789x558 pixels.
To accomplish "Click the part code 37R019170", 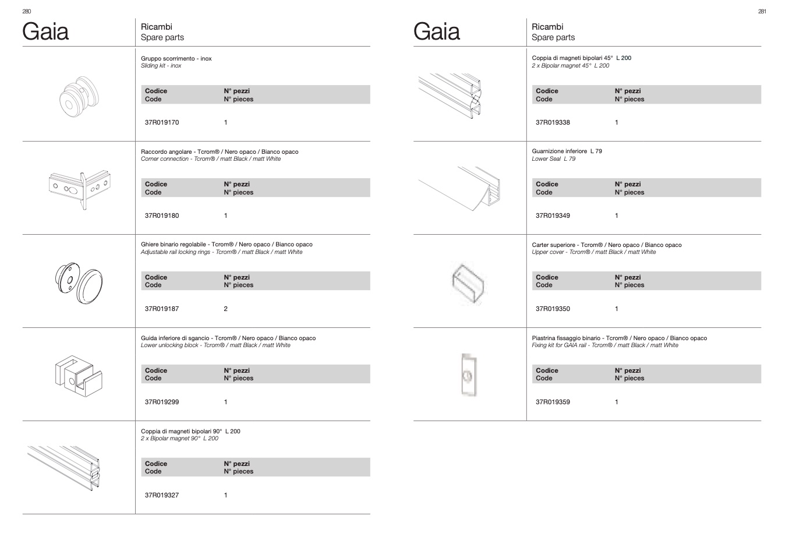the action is coord(162,122).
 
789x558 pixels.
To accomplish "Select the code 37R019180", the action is coord(162,216).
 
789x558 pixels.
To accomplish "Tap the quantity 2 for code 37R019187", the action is coord(226,309).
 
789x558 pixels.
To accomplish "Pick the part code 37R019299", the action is coord(162,402).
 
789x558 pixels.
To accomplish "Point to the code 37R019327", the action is coord(162,495).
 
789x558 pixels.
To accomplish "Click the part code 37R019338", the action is coord(553,122).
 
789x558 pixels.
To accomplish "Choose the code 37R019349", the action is coord(553,216).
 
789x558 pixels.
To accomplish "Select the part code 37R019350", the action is coord(553,309).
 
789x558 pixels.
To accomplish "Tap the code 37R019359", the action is coord(553,402).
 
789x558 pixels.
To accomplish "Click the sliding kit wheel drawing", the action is coord(79,97).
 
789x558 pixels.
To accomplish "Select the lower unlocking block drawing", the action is coord(79,376).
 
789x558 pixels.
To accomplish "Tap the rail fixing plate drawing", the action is coord(469,375).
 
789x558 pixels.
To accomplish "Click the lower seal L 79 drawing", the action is coord(459,189).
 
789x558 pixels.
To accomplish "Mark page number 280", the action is coord(26,11).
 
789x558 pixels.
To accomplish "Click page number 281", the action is coord(762,11).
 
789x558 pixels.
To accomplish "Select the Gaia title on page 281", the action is coord(436,31).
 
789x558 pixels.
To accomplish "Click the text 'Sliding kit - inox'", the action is coord(161,65).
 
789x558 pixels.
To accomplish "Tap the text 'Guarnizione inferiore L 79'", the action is coord(567,151).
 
